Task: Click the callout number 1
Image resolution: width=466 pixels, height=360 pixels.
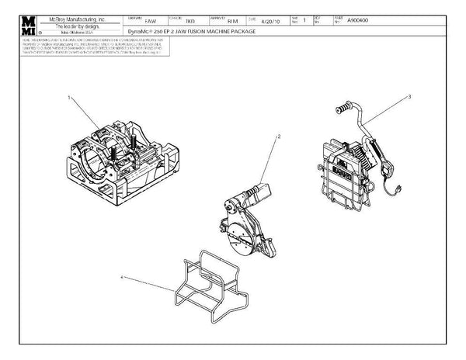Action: [70, 99]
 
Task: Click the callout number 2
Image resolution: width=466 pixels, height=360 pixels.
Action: [279, 136]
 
